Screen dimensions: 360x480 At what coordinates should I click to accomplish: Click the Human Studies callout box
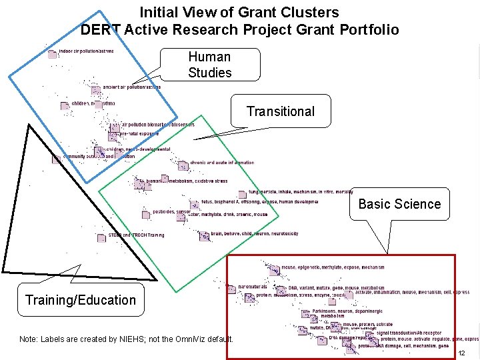tap(209, 65)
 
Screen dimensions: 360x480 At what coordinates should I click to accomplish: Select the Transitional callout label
tap(280, 111)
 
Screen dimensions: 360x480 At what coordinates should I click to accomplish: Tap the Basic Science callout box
tap(399, 204)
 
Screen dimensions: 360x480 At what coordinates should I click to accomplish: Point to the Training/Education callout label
tap(80, 300)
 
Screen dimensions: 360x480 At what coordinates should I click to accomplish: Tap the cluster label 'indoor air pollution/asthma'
tap(86, 51)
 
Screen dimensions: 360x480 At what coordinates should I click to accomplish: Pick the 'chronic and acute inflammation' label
tap(221, 163)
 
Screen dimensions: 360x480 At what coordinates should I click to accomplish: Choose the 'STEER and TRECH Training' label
tap(136, 235)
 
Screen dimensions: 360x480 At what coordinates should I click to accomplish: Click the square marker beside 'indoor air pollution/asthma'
tap(52, 54)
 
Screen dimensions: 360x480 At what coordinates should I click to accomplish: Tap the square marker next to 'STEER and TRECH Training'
tap(102, 236)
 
